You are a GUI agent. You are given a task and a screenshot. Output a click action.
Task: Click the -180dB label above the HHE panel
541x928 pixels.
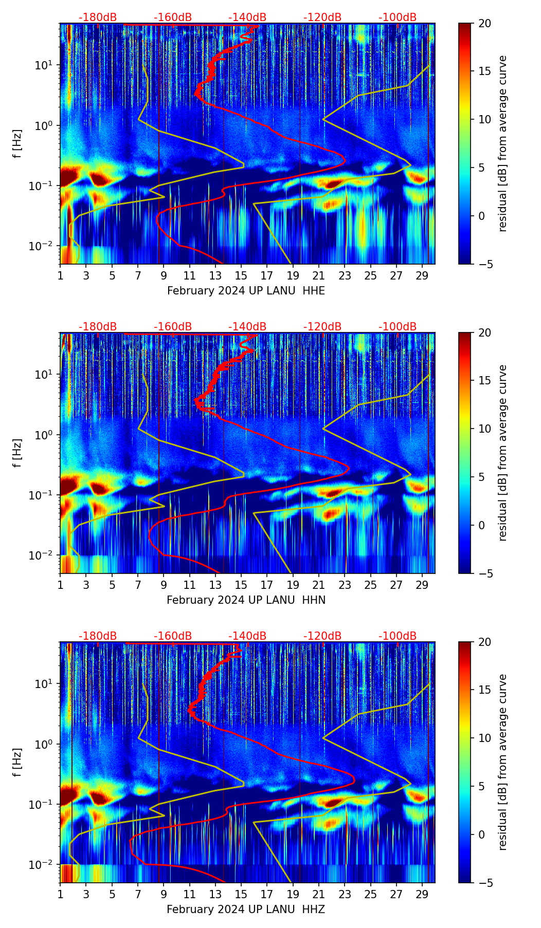(x=98, y=17)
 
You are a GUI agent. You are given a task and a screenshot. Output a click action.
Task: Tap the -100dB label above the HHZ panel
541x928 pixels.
(x=398, y=636)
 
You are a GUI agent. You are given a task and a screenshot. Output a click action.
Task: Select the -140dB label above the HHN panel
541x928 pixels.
(x=247, y=327)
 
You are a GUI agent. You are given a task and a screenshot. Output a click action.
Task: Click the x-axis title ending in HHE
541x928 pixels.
(x=246, y=291)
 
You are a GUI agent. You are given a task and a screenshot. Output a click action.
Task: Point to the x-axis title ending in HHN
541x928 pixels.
(x=246, y=600)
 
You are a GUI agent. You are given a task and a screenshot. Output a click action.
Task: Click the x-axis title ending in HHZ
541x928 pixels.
(x=246, y=910)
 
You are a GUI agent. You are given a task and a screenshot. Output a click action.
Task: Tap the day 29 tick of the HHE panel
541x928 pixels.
(x=422, y=276)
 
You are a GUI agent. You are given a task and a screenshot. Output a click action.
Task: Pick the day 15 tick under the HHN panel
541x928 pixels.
(x=241, y=585)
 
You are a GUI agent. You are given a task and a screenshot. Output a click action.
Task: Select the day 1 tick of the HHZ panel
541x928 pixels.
(x=60, y=895)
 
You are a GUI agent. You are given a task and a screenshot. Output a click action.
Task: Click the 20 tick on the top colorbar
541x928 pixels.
(x=484, y=23)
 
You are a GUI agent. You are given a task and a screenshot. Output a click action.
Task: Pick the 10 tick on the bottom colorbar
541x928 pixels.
(x=484, y=738)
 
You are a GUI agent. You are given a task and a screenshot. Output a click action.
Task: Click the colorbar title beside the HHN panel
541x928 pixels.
(x=502, y=453)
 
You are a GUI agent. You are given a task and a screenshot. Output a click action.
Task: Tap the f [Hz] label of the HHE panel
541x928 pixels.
(x=17, y=143)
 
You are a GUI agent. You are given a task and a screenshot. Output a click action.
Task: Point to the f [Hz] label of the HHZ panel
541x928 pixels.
(x=17, y=762)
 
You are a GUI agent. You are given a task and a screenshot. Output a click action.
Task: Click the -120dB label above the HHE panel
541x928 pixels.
(x=322, y=17)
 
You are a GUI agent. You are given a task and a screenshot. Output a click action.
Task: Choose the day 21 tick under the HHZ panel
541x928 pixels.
(x=319, y=895)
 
